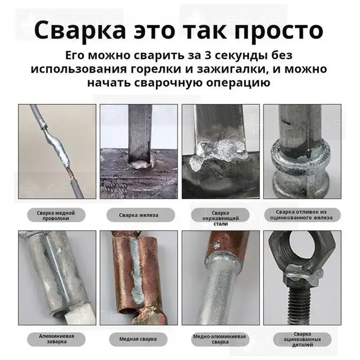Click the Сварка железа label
coord(138,215)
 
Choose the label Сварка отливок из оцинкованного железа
coord(302,215)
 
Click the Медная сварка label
coord(138,339)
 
